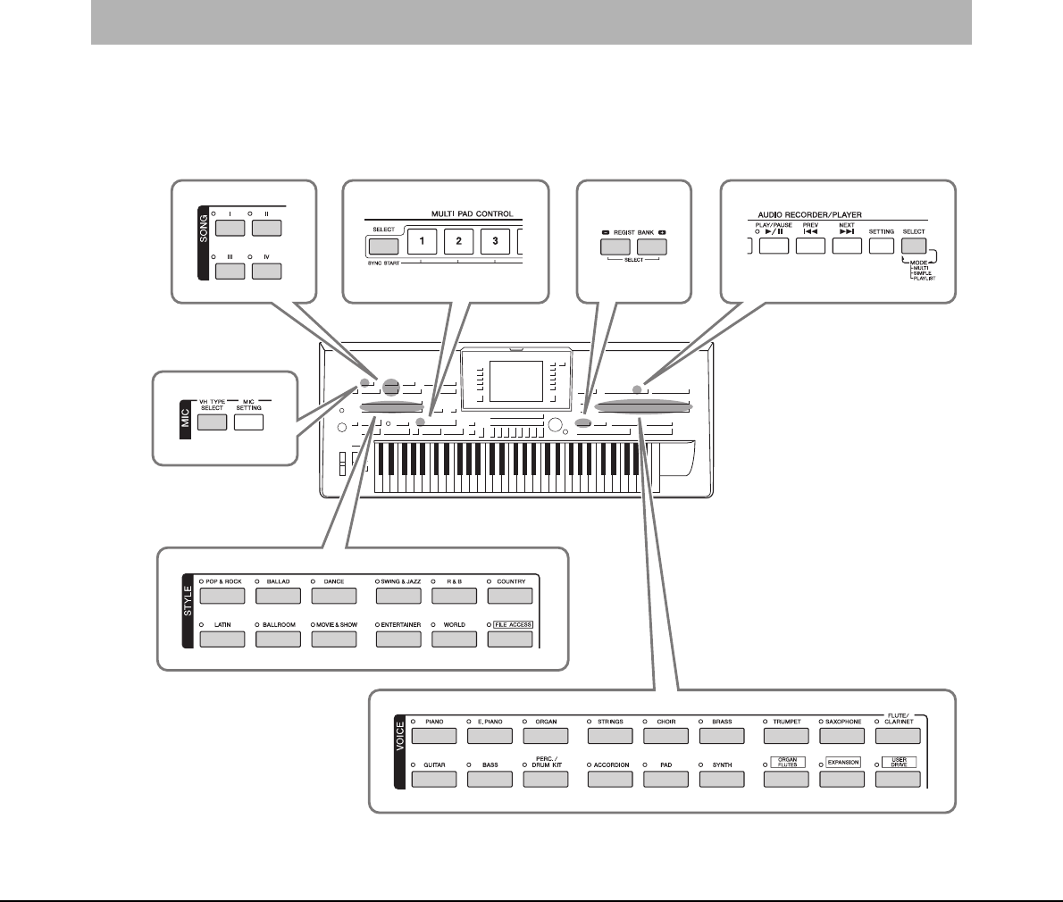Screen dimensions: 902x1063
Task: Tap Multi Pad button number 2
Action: tap(458, 242)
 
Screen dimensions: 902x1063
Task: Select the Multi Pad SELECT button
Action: tap(383, 246)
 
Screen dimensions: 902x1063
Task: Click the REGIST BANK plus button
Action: tap(652, 247)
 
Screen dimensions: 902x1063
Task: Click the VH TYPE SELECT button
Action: tap(212, 422)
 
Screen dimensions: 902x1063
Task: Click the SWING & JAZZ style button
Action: tap(398, 596)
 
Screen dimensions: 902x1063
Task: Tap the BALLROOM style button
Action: tap(278, 639)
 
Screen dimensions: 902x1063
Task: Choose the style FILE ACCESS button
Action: tap(510, 639)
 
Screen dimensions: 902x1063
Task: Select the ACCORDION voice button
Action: tap(610, 779)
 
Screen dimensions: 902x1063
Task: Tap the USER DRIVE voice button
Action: tap(898, 779)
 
